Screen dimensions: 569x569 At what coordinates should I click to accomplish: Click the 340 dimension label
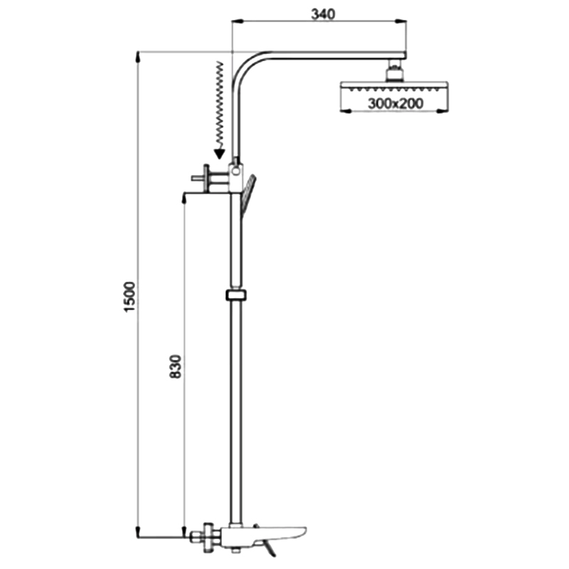[x=323, y=14]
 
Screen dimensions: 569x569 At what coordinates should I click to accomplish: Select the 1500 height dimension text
[x=129, y=296]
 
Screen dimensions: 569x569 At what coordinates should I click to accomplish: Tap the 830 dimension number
[x=175, y=366]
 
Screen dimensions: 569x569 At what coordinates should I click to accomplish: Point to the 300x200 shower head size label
[x=395, y=103]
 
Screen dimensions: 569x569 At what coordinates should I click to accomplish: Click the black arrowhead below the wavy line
[x=219, y=154]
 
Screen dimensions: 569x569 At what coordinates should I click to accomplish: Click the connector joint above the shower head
[x=395, y=70]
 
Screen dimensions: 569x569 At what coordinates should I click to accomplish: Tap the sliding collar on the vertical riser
[x=236, y=295]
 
